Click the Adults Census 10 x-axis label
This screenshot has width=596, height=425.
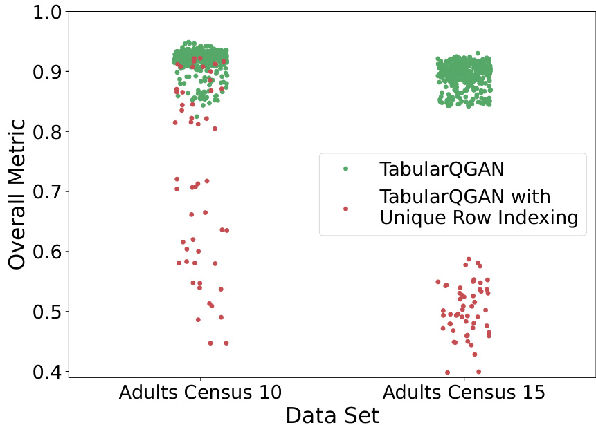click(200, 393)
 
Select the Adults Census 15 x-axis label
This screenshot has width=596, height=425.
click(464, 393)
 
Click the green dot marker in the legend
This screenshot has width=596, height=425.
click(346, 168)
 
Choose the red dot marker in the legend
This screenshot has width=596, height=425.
click(346, 208)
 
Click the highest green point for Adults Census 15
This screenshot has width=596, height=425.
click(478, 53)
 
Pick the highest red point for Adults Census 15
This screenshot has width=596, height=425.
click(469, 259)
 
